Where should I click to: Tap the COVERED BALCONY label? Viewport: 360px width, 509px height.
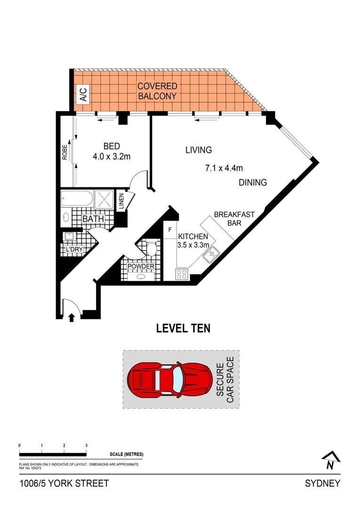(x=157, y=91)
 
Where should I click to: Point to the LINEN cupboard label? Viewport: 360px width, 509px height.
(x=121, y=201)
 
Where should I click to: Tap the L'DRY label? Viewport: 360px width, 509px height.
(x=74, y=249)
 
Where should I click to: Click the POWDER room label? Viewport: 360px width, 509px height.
(x=140, y=266)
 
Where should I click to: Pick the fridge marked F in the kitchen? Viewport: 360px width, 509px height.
(x=170, y=230)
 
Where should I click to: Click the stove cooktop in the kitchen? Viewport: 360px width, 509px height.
(x=182, y=274)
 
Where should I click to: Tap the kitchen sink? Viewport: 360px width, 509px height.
(x=210, y=255)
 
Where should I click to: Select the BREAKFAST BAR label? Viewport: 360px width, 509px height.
(x=234, y=219)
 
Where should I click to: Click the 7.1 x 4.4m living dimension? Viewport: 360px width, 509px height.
(x=224, y=167)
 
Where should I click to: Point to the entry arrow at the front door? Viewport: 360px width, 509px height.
(x=72, y=318)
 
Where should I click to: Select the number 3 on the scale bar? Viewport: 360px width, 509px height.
(x=86, y=445)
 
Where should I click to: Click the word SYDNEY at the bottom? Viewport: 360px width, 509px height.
(x=322, y=484)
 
